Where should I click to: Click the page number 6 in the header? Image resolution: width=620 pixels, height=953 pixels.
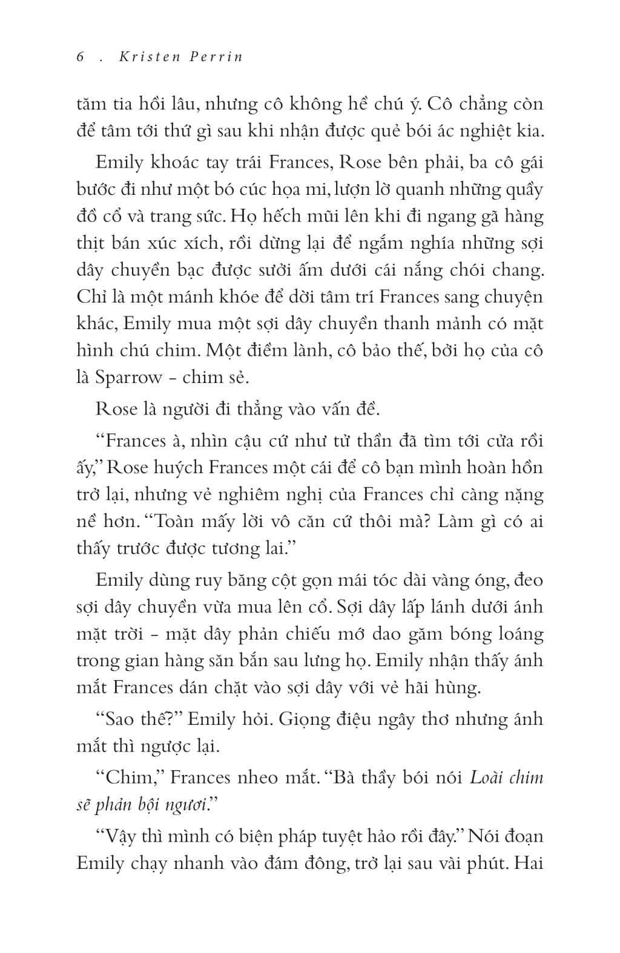[80, 56]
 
